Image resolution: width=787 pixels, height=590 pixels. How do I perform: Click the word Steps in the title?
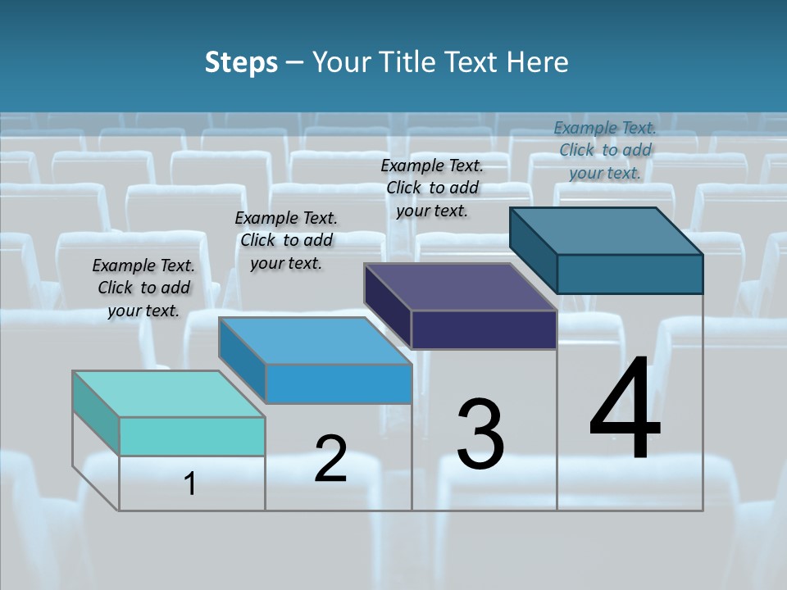(x=240, y=62)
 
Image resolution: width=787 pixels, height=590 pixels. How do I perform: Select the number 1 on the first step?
(x=190, y=484)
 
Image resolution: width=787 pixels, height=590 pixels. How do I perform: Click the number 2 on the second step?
(x=330, y=459)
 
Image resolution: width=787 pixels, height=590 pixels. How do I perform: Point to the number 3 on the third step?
(x=480, y=434)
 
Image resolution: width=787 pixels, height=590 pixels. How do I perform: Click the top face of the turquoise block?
(x=168, y=394)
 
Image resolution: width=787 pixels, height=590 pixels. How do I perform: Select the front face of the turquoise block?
(x=192, y=436)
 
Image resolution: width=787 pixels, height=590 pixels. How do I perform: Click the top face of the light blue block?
(x=315, y=341)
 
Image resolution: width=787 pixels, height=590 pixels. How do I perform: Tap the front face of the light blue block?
(x=339, y=383)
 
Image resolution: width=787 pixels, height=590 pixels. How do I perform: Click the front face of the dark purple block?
(x=484, y=329)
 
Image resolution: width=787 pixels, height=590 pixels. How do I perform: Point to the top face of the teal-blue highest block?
(x=606, y=231)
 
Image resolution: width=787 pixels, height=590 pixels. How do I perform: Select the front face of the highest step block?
(x=630, y=274)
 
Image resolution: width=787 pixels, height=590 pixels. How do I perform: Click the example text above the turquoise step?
(x=143, y=288)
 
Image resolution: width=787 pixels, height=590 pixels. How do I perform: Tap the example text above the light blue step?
(x=286, y=240)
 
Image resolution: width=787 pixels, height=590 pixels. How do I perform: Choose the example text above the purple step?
(x=432, y=188)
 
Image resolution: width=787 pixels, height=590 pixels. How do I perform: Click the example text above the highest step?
(x=605, y=150)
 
